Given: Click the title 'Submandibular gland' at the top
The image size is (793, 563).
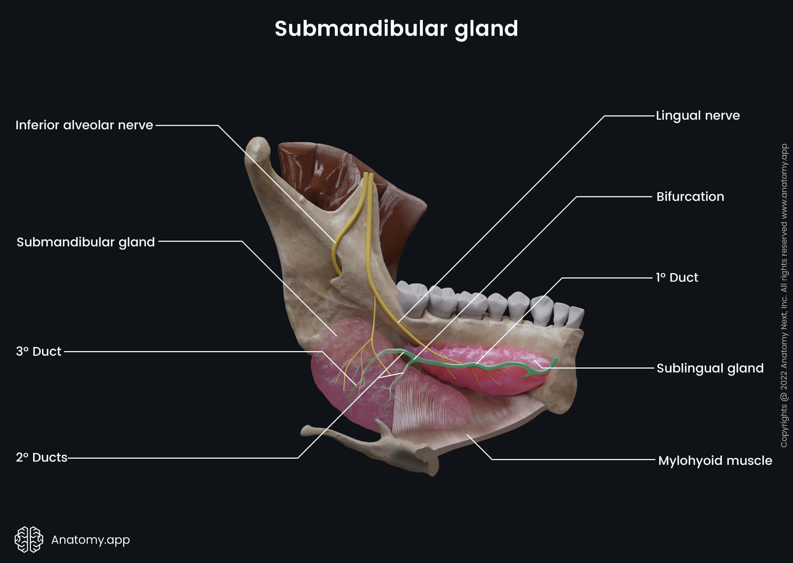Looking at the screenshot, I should point(396,28).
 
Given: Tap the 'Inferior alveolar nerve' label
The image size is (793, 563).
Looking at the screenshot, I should point(84,125).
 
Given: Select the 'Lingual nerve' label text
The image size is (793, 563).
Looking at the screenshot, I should point(698,116).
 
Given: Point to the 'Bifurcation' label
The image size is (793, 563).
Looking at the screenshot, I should point(690,197).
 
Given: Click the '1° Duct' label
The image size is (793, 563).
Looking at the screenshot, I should point(677,278).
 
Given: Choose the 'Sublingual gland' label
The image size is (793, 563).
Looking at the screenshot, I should point(710,368).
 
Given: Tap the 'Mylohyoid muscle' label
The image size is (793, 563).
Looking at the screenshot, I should point(715,460).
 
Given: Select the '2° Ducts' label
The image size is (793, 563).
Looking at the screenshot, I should point(42,458).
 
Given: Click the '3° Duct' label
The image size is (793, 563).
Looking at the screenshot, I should point(39,351).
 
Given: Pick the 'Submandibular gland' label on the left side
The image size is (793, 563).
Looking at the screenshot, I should point(85,242).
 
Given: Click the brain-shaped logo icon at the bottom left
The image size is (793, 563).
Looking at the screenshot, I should point(29,539).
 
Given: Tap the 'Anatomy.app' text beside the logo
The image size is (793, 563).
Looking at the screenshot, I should point(90,540).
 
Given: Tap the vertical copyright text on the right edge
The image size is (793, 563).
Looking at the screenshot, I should point(784,296).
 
